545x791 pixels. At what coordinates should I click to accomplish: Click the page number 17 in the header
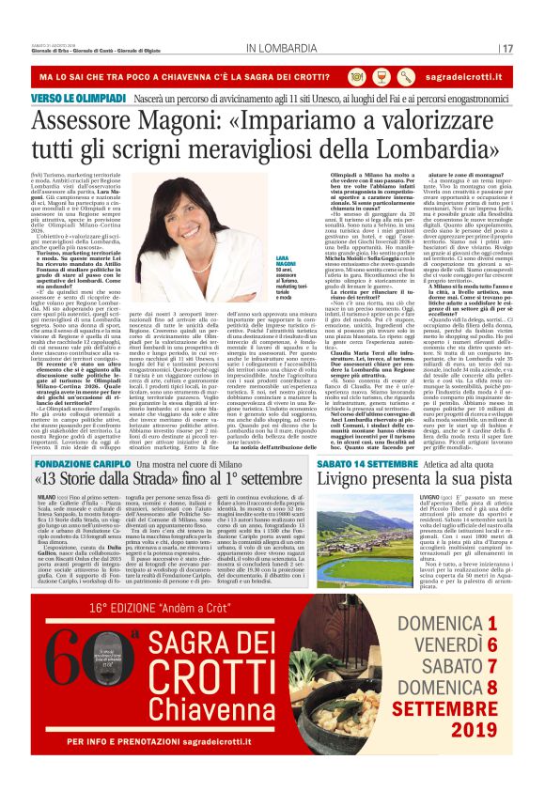[507, 47]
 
